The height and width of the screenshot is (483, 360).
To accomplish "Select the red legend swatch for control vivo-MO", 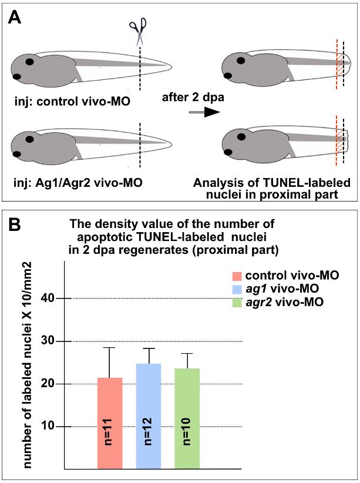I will pyautogui.click(x=237, y=277).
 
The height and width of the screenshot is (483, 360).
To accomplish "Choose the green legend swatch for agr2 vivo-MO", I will pyautogui.click(x=237, y=302).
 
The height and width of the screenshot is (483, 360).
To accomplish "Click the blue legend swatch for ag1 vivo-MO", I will pyautogui.click(x=237, y=289).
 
